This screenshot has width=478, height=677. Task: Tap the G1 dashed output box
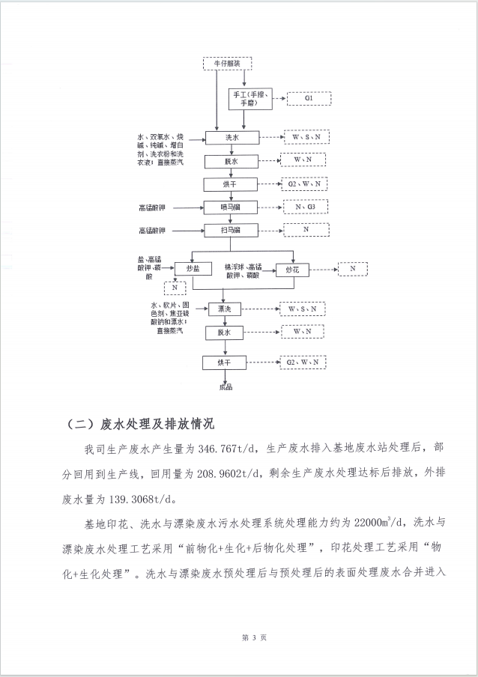coord(309,98)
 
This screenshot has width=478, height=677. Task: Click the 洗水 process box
coord(231,138)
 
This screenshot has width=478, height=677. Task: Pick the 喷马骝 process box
coord(231,207)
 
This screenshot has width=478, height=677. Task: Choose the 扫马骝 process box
coord(231,229)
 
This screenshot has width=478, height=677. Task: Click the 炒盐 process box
coord(193,268)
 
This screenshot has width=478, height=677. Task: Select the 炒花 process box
coord(293,268)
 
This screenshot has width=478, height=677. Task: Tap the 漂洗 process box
coord(225,309)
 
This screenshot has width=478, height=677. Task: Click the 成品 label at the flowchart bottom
coord(226,387)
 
